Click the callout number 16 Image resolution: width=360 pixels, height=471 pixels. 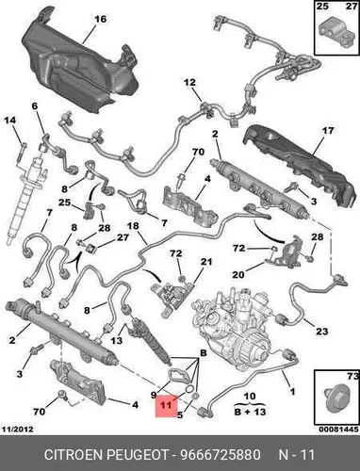coord(101,20)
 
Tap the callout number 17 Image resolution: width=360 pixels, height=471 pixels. coord(328,130)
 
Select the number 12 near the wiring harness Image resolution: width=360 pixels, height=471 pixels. coord(189,83)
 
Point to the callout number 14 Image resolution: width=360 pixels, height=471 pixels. coord(9,120)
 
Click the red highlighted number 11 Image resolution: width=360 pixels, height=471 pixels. coord(166,405)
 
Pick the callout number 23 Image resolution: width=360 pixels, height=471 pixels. coord(321,331)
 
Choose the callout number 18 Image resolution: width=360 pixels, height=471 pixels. coord(133,226)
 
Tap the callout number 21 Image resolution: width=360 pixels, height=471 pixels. coord(206,261)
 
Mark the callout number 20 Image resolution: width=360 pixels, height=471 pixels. coord(238,274)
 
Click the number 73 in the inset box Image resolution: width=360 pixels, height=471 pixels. coord(352,376)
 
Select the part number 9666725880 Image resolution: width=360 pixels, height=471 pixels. coord(220,454)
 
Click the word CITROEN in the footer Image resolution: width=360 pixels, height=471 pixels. coord(74,454)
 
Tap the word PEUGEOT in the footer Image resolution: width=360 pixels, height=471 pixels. coord(139,454)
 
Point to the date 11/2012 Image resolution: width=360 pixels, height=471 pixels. coord(18,429)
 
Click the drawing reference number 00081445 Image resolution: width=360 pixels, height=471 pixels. coord(338,429)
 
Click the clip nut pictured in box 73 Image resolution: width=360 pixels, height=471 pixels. coord(335,398)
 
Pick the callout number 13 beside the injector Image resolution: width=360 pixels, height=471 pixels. coord(117,340)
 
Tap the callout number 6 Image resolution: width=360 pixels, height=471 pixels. coord(35,106)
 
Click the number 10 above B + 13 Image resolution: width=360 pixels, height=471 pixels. coord(250,396)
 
